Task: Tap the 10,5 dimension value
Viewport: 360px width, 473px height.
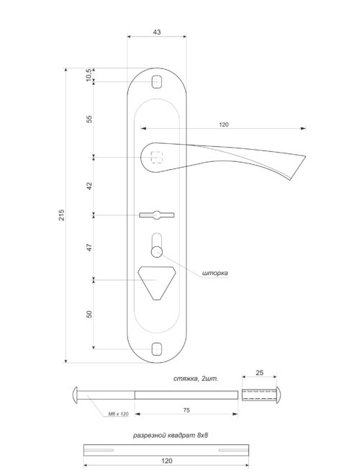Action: (89, 75)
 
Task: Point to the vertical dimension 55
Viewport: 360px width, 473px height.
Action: (89, 119)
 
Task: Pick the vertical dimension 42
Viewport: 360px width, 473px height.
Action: (89, 186)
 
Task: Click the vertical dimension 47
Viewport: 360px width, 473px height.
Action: (89, 247)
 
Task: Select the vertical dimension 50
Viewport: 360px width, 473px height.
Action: (89, 315)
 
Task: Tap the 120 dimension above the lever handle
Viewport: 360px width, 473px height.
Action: (224, 125)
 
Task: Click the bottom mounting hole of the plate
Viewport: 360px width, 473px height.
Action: (158, 349)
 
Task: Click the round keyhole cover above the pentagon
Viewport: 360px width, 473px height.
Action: (157, 250)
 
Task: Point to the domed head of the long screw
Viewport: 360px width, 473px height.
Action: (76, 395)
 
